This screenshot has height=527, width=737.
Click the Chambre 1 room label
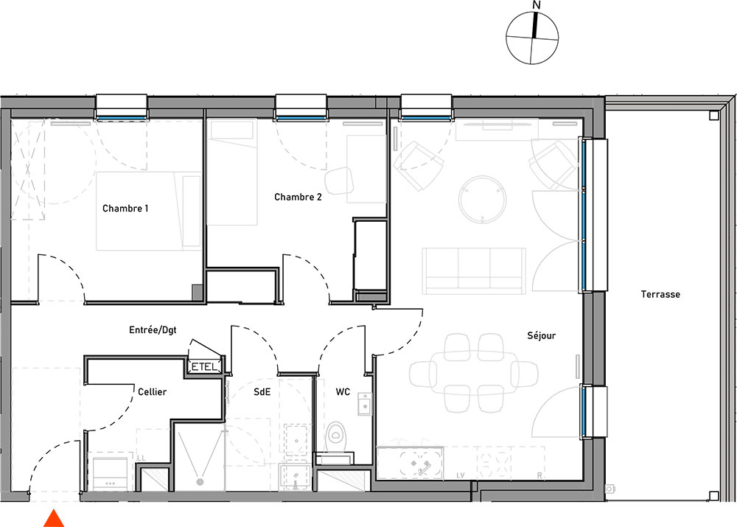click(125, 209)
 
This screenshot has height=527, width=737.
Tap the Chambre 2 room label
click(298, 197)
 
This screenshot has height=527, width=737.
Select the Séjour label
click(541, 335)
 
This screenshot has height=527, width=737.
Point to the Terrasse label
click(660, 294)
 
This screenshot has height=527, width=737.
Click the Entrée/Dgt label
click(153, 330)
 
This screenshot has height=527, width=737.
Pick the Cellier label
click(152, 391)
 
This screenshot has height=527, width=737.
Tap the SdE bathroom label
click(262, 391)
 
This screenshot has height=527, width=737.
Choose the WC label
click(343, 391)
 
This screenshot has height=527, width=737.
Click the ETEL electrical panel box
click(205, 367)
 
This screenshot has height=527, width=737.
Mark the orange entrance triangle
click(54, 518)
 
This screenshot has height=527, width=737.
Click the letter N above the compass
click(537, 5)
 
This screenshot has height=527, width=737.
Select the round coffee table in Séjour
click(483, 199)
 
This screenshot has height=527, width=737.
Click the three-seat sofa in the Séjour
click(474, 271)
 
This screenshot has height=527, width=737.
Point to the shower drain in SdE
click(200, 482)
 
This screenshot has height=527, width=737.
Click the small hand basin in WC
click(365, 405)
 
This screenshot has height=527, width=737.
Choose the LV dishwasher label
click(461, 475)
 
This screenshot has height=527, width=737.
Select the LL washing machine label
click(141, 458)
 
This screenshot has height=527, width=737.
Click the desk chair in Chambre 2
click(339, 181)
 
